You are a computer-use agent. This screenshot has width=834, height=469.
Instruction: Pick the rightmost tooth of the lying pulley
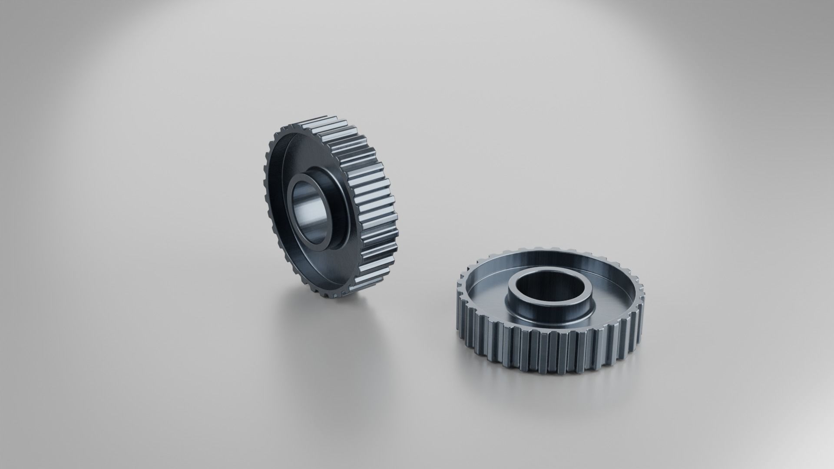tap(642, 300)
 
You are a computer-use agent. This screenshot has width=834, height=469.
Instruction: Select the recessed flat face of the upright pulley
tap(282, 243)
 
